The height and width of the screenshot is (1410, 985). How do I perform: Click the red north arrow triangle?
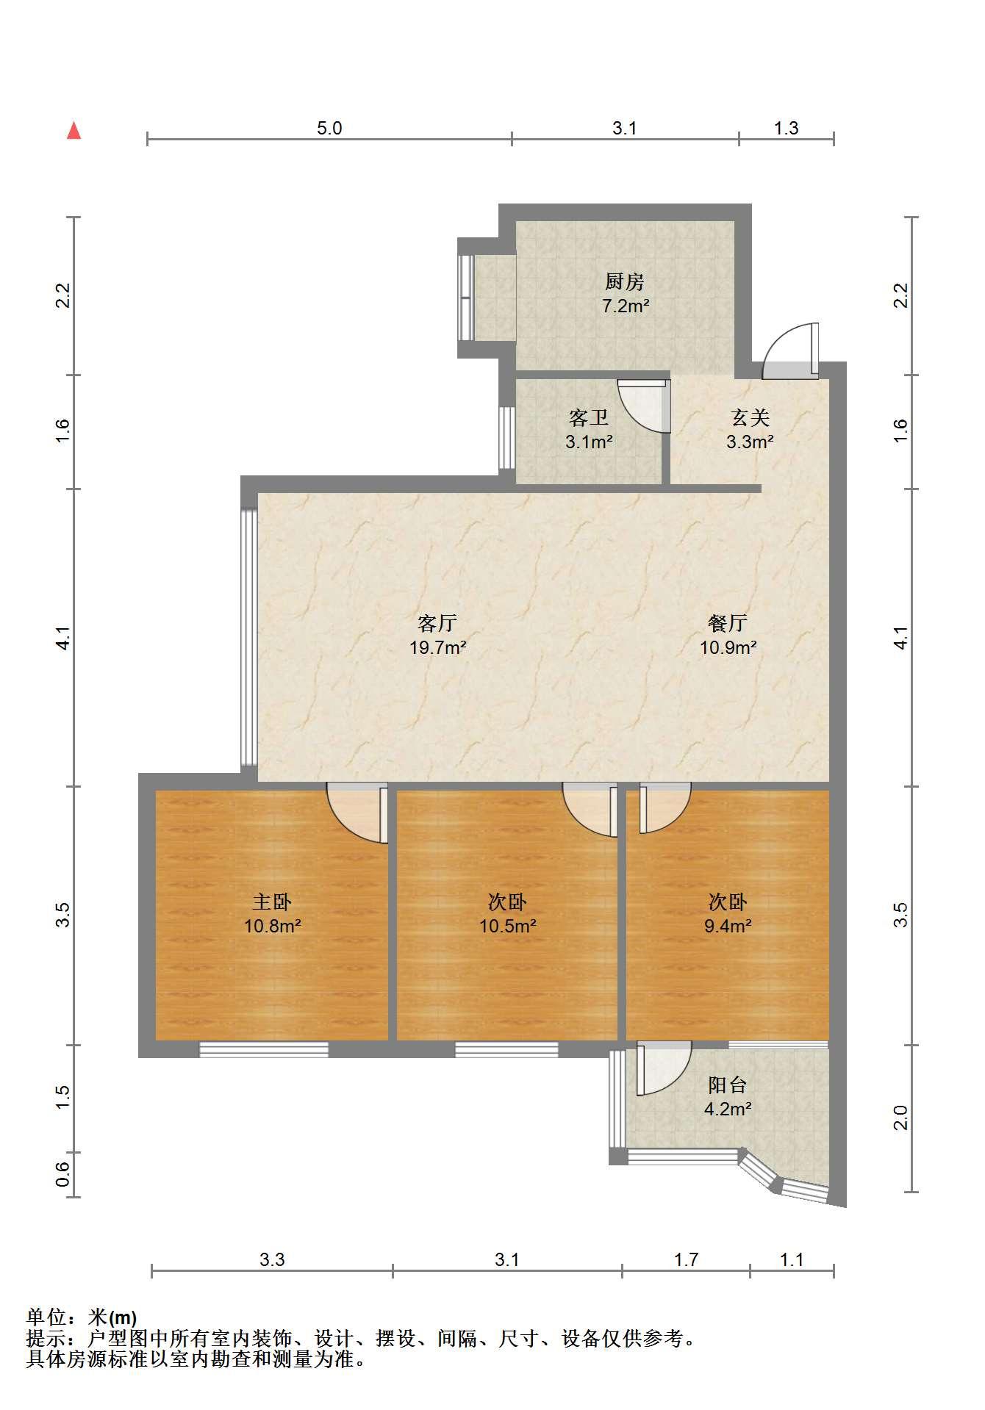pos(74,132)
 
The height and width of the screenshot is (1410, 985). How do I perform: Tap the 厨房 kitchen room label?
pos(625,281)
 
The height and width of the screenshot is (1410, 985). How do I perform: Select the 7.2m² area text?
pos(625,306)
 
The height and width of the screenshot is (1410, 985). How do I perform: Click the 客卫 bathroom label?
pos(589,418)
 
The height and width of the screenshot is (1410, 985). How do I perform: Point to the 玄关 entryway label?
pos(750,418)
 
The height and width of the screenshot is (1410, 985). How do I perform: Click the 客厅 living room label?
pos(437,624)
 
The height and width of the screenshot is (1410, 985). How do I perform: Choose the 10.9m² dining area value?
pos(728,648)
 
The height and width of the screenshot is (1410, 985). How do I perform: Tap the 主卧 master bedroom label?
pos(272,902)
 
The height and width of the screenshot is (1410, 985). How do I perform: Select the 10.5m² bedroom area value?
pos(507,926)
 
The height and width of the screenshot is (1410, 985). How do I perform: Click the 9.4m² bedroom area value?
pos(728,926)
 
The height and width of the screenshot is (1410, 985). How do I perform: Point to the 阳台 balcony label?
pos(728,1085)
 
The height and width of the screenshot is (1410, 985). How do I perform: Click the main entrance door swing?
pos(790,350)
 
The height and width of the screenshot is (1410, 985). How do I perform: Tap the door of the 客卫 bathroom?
pos(645,406)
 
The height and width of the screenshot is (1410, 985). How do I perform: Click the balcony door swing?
pos(664,1069)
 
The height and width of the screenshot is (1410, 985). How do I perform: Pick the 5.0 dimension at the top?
pos(329,128)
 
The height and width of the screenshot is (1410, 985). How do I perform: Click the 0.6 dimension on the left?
pos(63,1174)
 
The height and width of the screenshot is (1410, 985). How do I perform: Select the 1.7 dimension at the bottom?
pos(686,1260)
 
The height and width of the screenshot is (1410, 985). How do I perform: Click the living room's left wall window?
pos(249,638)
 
